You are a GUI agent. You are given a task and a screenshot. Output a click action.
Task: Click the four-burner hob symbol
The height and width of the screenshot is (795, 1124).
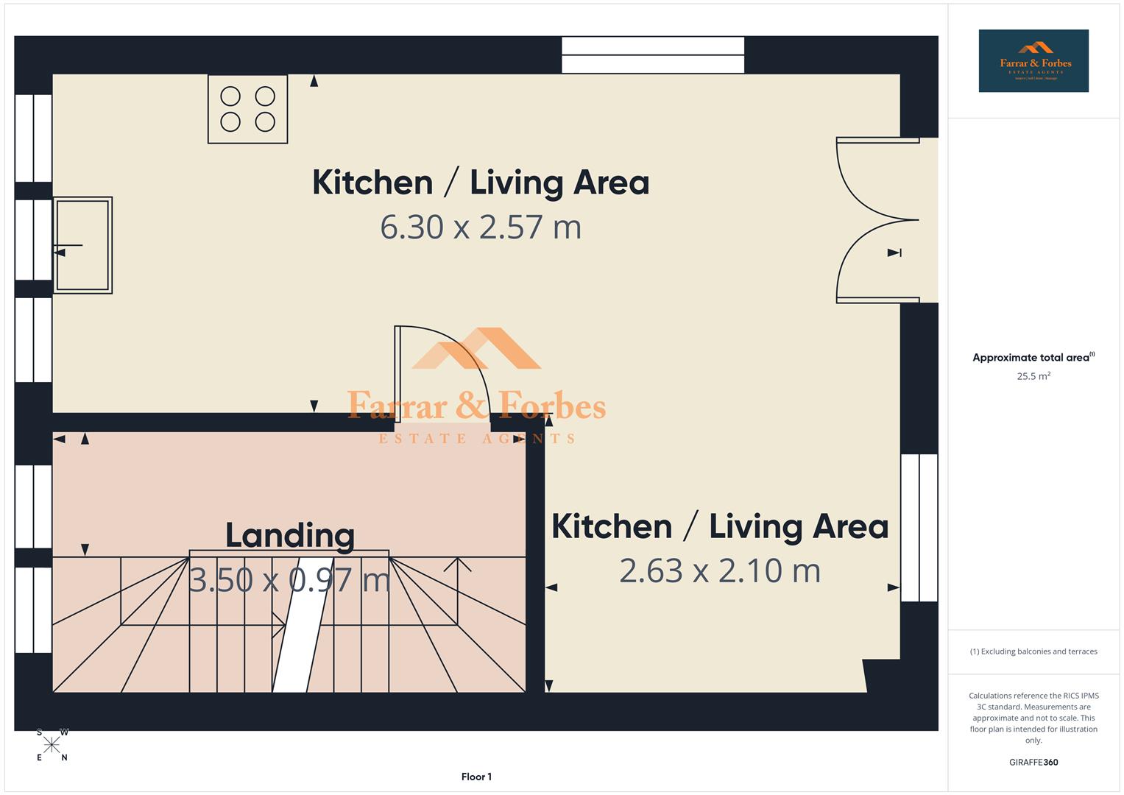(x=247, y=109)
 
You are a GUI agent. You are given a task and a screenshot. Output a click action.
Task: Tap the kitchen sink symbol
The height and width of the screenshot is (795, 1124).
(x=82, y=245)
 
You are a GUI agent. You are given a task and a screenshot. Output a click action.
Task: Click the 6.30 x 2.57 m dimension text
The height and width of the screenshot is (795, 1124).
(x=481, y=227)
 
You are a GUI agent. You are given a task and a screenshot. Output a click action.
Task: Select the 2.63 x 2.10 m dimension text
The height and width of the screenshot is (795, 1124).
(x=719, y=571)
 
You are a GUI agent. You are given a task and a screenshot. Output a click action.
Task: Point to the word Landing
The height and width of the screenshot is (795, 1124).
(x=290, y=535)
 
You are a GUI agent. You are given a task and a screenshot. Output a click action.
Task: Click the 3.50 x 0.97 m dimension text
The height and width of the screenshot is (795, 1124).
(x=289, y=580)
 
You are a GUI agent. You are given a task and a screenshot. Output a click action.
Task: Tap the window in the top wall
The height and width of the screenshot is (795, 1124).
(x=653, y=55)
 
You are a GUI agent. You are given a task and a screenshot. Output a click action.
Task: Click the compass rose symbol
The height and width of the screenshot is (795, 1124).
(x=52, y=745)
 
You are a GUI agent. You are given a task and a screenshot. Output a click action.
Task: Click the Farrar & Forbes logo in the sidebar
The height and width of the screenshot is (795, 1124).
(x=1033, y=61)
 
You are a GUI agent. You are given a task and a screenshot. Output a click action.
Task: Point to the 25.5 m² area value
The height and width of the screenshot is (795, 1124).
(x=1033, y=376)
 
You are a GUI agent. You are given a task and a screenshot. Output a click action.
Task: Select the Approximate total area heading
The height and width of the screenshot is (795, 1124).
(x=1033, y=358)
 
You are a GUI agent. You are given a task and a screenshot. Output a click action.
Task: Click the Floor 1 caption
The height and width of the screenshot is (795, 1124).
(x=476, y=777)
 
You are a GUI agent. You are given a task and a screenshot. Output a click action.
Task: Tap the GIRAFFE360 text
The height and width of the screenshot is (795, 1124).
(x=1033, y=763)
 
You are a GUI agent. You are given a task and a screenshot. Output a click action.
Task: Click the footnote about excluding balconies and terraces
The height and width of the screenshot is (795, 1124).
(x=1033, y=651)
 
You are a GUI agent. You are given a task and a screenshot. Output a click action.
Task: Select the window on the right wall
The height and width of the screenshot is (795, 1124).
(x=919, y=528)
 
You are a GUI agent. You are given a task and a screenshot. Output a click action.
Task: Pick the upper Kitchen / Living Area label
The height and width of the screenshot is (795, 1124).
(x=481, y=183)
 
